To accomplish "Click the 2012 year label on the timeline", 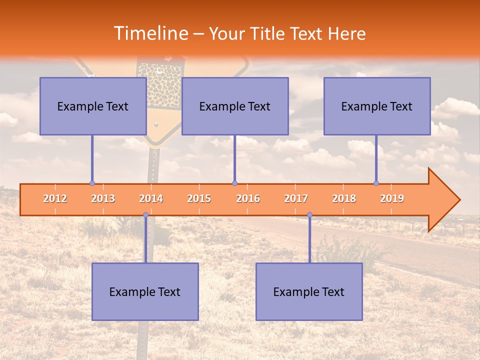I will [55, 198].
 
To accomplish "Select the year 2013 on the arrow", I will [103, 198].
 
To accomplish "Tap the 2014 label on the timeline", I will [151, 198].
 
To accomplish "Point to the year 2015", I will [199, 198].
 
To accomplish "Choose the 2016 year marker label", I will [248, 198].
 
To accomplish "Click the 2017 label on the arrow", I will [296, 198].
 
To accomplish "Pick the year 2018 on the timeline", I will [344, 198].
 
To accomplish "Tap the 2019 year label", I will [392, 198].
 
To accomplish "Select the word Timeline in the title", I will [150, 33].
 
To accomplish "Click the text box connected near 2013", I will [93, 106].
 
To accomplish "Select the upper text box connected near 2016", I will [235, 106].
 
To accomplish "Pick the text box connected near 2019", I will [377, 106].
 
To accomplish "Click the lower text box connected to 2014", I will [145, 291].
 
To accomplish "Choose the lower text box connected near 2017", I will [309, 291].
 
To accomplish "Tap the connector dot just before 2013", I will [92, 183].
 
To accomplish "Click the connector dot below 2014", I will [145, 214].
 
